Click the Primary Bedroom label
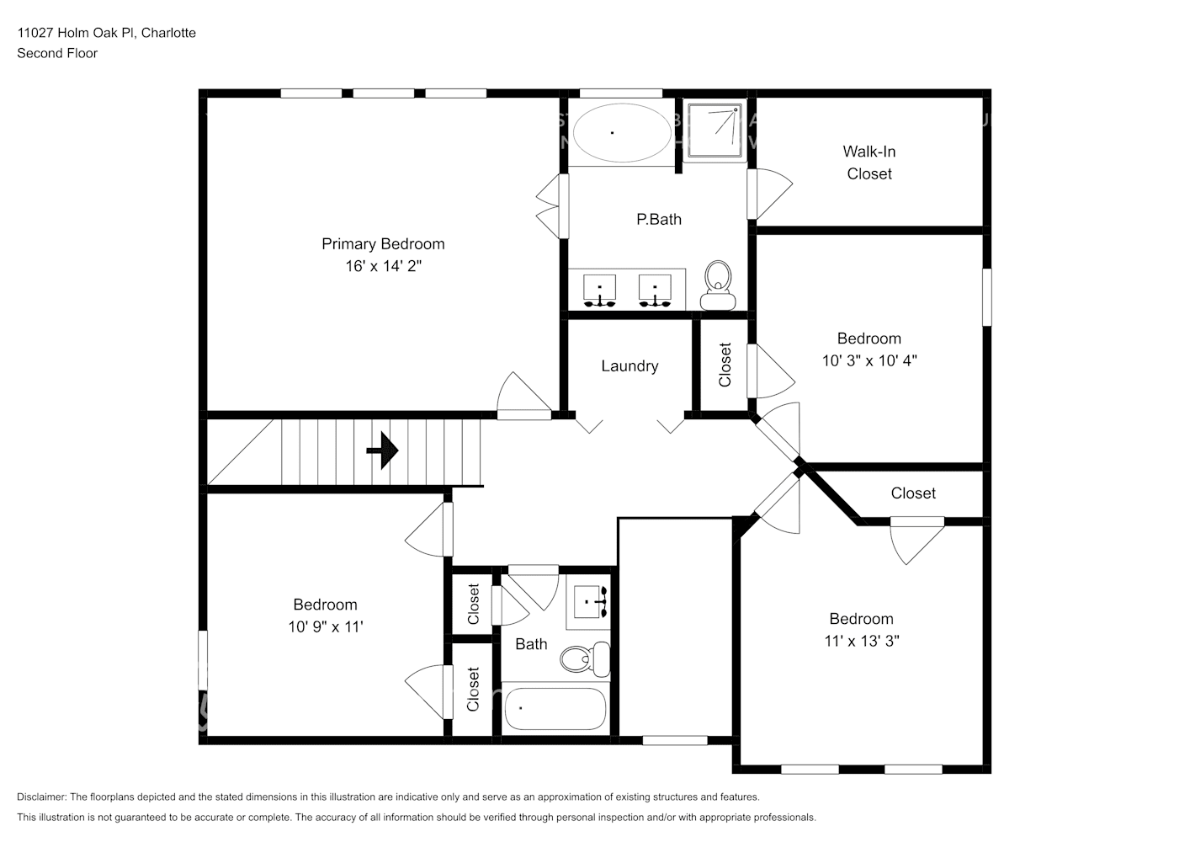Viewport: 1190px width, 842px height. [383, 244]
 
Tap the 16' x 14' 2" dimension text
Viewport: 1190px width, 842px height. [383, 266]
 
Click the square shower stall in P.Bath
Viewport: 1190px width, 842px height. [715, 131]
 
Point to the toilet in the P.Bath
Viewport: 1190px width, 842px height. [718, 285]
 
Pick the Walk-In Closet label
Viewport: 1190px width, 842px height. [869, 163]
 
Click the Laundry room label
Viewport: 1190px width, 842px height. [630, 366]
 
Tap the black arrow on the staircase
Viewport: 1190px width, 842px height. [383, 450]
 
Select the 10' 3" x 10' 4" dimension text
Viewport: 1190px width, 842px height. [869, 360]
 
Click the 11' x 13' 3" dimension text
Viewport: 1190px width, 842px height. [862, 641]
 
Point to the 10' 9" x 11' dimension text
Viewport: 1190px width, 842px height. [325, 626]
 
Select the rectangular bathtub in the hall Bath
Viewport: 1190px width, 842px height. [555, 709]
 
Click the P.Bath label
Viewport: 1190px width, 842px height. [659, 220]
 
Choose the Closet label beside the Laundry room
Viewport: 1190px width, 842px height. [725, 365]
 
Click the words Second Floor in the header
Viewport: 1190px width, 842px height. [57, 53]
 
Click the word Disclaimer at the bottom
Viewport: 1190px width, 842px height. [41, 797]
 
